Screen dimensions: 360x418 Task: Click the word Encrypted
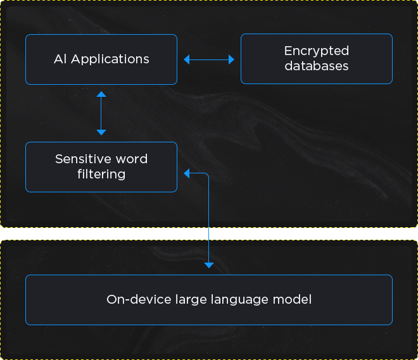point(317,51)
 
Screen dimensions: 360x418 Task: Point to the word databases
point(317,66)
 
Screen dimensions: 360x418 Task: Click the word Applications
point(110,59)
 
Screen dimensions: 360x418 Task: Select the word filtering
point(101,174)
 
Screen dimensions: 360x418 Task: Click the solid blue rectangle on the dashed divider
point(199,234)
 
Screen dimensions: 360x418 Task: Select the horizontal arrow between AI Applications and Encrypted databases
point(209,59)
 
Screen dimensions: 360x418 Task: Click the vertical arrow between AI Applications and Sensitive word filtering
point(101,113)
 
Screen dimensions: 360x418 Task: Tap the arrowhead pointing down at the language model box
point(209,265)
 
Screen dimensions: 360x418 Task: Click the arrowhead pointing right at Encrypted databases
point(231,59)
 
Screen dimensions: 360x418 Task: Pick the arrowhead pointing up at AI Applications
point(101,94)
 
